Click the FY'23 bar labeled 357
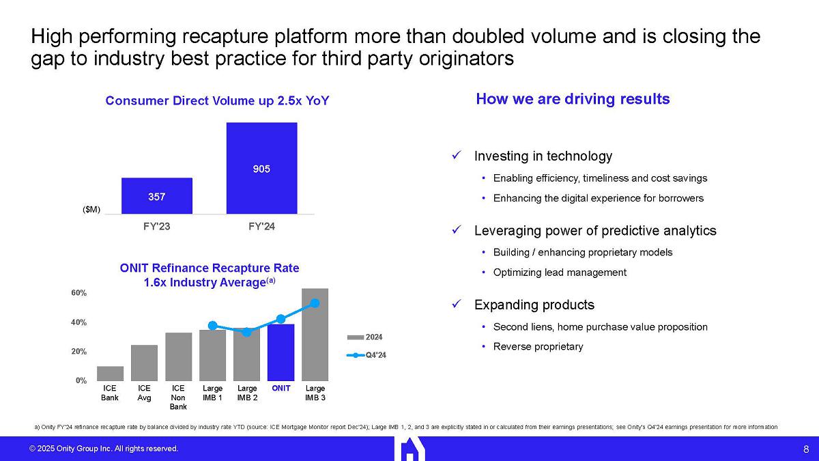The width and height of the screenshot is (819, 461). point(156,196)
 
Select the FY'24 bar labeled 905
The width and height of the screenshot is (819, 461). point(261,168)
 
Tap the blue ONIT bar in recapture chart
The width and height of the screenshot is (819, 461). point(281,352)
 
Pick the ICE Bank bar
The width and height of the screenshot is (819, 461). point(110,374)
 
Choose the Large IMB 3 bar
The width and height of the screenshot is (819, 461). point(315,335)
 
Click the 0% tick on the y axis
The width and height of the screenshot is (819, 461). point(81,380)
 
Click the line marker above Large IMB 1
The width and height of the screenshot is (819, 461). point(212,325)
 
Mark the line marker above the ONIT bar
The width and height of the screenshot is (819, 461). point(281,318)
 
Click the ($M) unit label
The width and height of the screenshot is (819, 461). point(91,210)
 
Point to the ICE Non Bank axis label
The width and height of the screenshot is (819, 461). point(178,397)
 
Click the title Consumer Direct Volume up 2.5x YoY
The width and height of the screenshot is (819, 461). point(217,101)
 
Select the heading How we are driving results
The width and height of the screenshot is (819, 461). point(573,99)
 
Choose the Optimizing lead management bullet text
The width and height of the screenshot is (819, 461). point(560,273)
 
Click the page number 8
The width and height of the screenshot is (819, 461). point(805,449)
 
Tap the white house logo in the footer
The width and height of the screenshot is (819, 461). point(409,448)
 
